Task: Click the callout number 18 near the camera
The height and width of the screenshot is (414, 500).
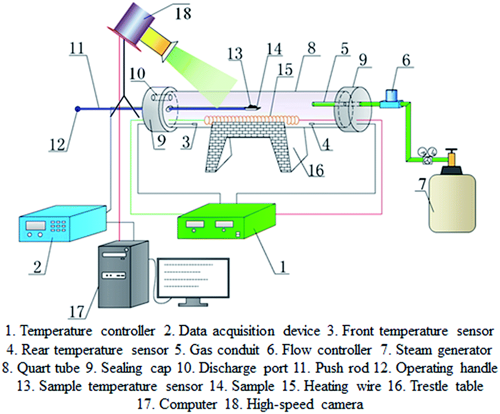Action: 183,14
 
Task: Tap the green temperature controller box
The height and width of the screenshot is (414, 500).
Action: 226,221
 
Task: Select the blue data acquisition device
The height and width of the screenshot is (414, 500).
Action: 62,224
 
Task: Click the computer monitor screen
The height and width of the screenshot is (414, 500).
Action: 193,278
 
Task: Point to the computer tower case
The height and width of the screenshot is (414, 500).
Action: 123,274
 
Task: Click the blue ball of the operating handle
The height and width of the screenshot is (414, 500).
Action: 77,109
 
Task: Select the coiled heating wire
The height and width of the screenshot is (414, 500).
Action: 252,120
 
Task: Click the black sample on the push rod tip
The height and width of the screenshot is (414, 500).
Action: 252,106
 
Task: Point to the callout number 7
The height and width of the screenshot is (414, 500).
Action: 422,184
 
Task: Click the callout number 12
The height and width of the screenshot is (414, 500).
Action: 57,145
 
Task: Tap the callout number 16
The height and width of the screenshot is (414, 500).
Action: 316,170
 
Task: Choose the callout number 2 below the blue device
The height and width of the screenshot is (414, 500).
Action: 37,266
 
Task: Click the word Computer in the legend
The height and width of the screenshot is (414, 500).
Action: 188,404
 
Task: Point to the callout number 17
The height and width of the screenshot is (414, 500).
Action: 77,311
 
